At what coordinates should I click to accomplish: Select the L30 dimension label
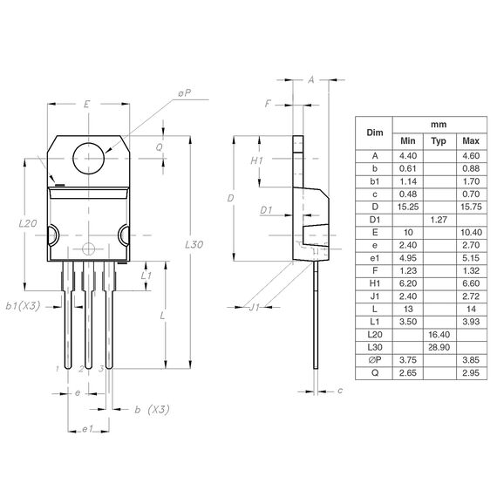194,245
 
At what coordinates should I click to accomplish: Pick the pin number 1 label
58,370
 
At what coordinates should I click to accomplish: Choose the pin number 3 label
101,370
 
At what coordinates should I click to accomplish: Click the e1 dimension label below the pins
86,430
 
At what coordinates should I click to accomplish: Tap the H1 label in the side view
256,161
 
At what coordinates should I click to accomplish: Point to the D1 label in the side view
267,210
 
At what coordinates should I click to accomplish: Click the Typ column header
439,140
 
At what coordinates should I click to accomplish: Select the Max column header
471,140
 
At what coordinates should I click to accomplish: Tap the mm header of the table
439,125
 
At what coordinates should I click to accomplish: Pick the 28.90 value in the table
439,347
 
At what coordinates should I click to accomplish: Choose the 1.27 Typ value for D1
439,221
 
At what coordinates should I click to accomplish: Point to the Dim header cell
375,133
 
